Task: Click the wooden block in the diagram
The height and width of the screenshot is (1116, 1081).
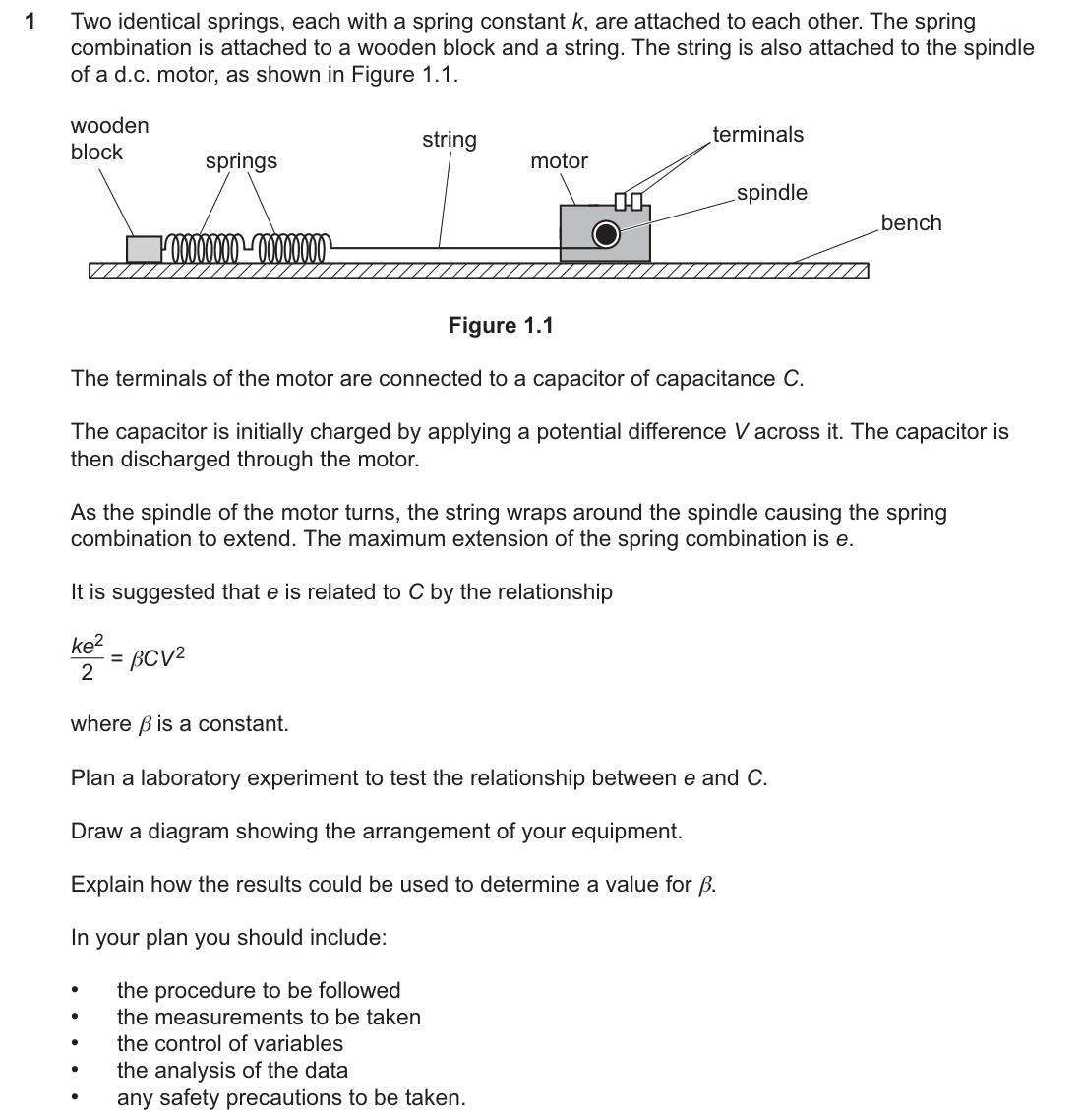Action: click(x=145, y=249)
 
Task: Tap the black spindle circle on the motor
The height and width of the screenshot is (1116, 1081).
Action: click(x=606, y=234)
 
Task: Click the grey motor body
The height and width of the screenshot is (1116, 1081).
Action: click(x=605, y=233)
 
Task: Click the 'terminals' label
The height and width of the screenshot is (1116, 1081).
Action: click(x=758, y=135)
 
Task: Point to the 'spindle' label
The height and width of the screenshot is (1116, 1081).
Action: click(x=771, y=193)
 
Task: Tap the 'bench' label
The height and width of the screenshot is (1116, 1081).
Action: click(x=911, y=222)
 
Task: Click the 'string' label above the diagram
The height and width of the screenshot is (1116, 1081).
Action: click(x=450, y=140)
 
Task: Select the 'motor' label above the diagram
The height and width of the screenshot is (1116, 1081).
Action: click(x=559, y=161)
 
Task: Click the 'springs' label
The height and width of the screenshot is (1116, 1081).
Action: click(x=241, y=161)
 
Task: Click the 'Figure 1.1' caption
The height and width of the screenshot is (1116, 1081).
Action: click(x=501, y=326)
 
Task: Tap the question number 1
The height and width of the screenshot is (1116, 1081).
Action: click(x=30, y=22)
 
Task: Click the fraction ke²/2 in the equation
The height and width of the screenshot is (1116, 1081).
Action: click(x=88, y=657)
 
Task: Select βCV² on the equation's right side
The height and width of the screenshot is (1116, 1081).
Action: click(x=157, y=658)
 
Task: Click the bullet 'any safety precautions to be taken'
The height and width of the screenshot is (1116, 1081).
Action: click(x=291, y=1098)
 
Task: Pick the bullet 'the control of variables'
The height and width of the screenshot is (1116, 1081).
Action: click(x=230, y=1044)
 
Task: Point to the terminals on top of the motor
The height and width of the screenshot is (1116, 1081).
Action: click(x=629, y=202)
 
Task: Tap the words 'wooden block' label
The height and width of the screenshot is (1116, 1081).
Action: click(x=109, y=139)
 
